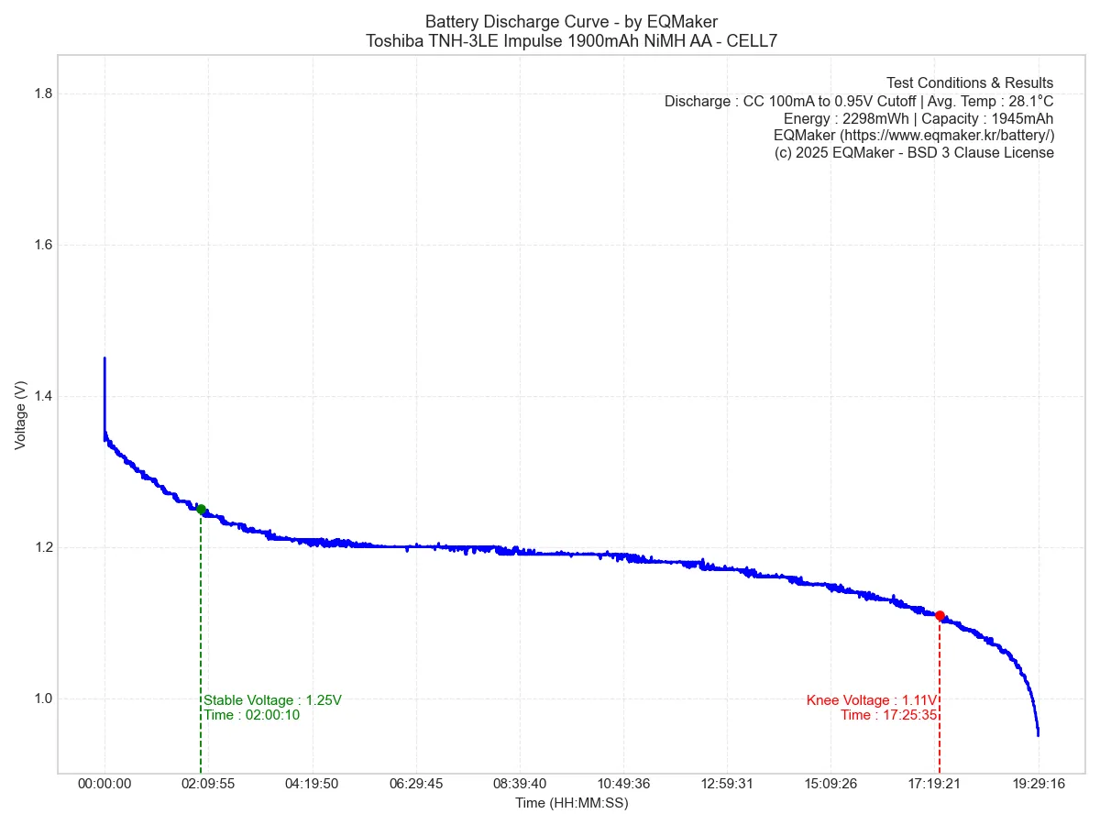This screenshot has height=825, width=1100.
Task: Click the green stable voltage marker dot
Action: pyautogui.click(x=201, y=510)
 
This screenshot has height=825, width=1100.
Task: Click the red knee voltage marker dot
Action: pyautogui.click(x=940, y=616)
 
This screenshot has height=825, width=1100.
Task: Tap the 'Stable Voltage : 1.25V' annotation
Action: pyautogui.click(x=272, y=700)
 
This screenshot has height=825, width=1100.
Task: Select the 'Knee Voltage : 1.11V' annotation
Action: pyautogui.click(x=872, y=700)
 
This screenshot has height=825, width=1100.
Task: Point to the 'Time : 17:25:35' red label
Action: pyautogui.click(x=888, y=715)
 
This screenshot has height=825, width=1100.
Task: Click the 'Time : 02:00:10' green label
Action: pyautogui.click(x=251, y=715)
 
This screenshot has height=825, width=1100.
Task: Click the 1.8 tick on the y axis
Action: pyautogui.click(x=42, y=94)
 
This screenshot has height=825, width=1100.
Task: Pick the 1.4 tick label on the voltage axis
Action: pyautogui.click(x=42, y=397)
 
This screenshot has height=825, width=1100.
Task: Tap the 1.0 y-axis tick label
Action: pyautogui.click(x=42, y=698)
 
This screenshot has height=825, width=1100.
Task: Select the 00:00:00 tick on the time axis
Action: pyautogui.click(x=104, y=785)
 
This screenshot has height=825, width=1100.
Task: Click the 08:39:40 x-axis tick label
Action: pyautogui.click(x=520, y=785)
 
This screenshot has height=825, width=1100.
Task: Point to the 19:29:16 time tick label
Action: pyautogui.click(x=1039, y=785)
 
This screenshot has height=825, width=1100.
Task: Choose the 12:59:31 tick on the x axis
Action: pyautogui.click(x=727, y=785)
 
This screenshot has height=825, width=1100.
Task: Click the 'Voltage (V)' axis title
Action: pyautogui.click(x=20, y=415)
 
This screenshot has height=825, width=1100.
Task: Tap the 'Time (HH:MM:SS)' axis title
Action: pyautogui.click(x=571, y=803)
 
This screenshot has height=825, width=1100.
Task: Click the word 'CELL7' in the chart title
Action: pyautogui.click(x=753, y=41)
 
